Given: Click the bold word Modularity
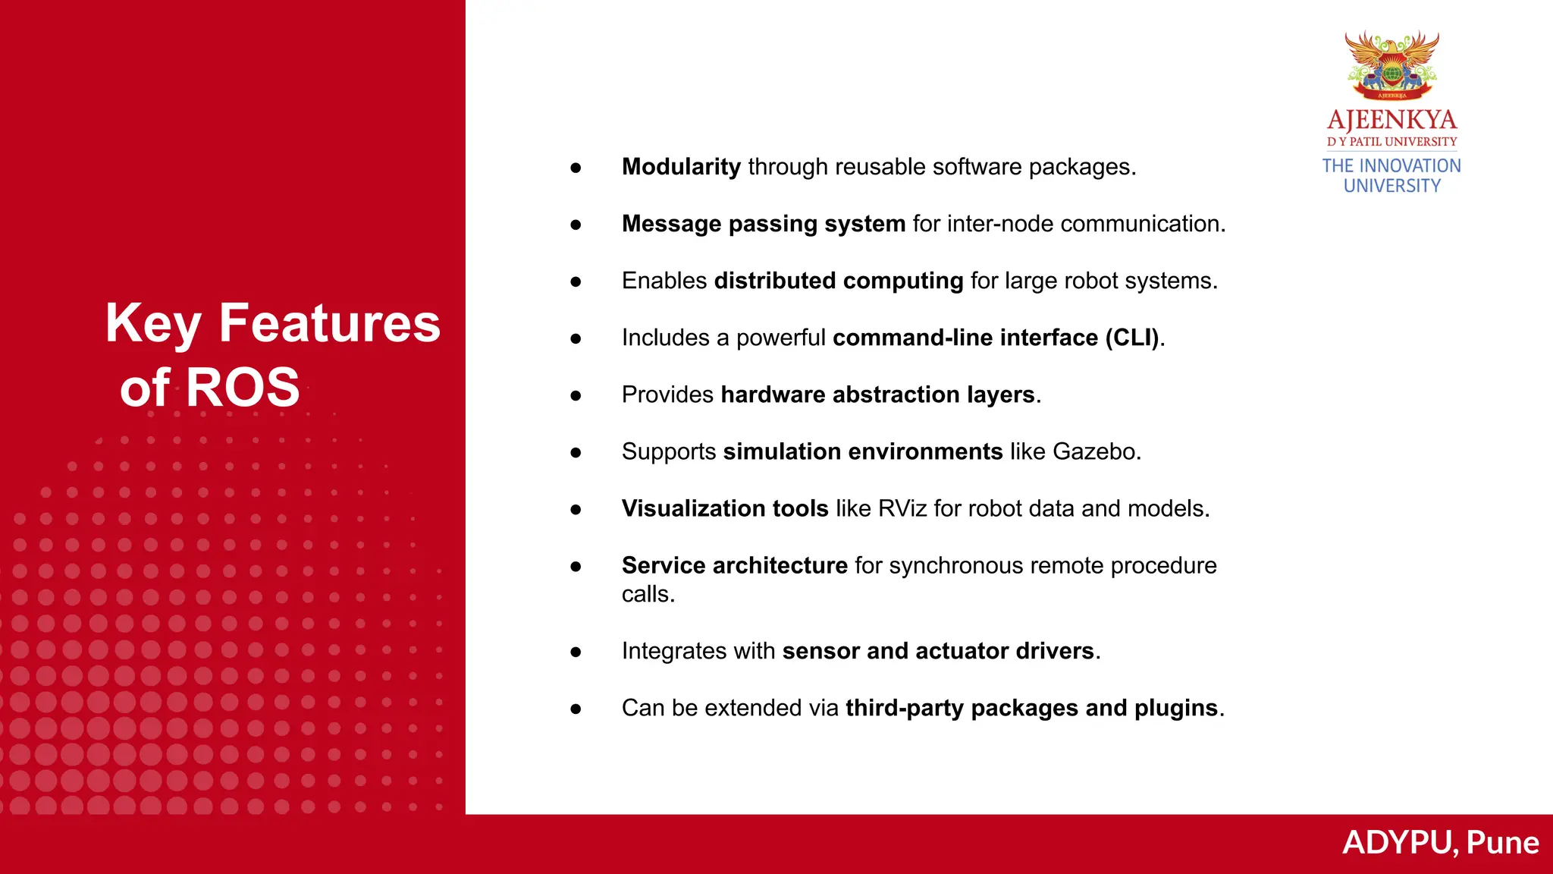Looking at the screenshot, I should pos(681,167).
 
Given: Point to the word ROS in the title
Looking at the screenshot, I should pos(243,388).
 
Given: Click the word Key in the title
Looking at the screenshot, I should pos(152,324).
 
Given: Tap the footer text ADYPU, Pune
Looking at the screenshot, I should pos(1440,843).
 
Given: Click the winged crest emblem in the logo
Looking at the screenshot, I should pos(1391,65).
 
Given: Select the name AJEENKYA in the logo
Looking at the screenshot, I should pos(1391,120).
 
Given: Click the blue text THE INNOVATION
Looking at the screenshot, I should pos(1391,165).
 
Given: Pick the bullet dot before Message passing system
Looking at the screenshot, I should pos(576,225).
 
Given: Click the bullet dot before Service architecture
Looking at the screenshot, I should pos(576,566).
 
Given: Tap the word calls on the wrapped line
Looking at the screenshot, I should pos(647,594).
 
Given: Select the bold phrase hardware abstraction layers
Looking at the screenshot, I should pos(877,395).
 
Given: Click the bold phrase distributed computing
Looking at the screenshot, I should pos(839,281).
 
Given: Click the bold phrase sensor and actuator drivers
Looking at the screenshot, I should pos(938,651).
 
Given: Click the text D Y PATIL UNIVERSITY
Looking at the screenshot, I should pos(1391,142).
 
